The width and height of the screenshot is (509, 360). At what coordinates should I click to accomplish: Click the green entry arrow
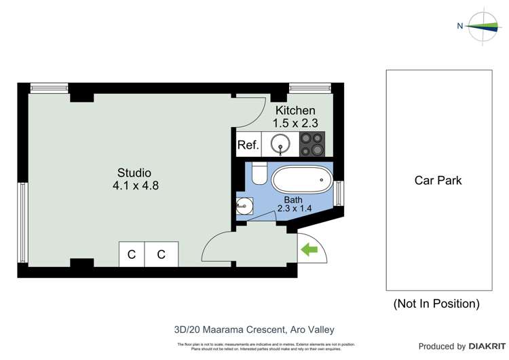point(309,250)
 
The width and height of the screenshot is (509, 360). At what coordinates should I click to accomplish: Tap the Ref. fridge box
point(248,145)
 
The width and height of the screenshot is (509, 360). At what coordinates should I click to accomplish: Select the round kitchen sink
point(280,144)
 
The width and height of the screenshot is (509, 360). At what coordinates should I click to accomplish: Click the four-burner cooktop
point(314,144)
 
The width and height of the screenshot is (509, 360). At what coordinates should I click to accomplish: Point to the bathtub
point(302,181)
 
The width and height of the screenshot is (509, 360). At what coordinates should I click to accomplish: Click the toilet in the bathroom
point(259,174)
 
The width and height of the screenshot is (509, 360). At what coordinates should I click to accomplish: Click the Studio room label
point(134,173)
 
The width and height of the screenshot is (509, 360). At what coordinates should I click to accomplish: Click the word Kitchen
point(295,110)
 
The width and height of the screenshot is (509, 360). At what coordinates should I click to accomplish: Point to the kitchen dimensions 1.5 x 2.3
point(295,123)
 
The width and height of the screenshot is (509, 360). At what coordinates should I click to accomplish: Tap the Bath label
point(293,200)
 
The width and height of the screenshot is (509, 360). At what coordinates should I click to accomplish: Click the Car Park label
point(438,181)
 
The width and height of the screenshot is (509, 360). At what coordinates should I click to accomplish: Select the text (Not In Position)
point(436,304)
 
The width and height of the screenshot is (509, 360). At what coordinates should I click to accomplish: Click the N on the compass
point(459,26)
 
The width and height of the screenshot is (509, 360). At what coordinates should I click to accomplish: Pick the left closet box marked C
point(132,255)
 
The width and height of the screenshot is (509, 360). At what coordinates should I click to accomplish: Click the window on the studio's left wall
point(22,222)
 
